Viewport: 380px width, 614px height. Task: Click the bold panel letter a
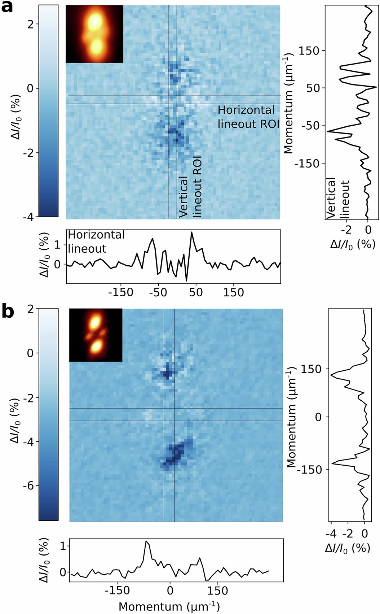pyautogui.click(x=7, y=7)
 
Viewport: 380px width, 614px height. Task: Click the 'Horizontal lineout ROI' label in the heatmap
pyautogui.click(x=248, y=117)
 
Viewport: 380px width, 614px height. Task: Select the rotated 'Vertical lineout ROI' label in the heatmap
pyautogui.click(x=190, y=187)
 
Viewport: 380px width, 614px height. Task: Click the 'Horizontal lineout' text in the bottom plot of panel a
pyautogui.click(x=96, y=241)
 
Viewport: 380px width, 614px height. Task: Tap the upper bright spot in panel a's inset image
pyautogui.click(x=95, y=22)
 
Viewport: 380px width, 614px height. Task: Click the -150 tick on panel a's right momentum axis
pyautogui.click(x=307, y=164)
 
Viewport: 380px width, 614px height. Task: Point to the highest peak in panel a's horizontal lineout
pyautogui.click(x=192, y=233)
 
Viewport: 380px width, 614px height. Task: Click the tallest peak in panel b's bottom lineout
pyautogui.click(x=146, y=541)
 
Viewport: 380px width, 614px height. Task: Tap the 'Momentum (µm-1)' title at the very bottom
pyautogui.click(x=169, y=606)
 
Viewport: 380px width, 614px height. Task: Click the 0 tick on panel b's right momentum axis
pyautogui.click(x=318, y=417)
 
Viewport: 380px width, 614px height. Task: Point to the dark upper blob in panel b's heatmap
pyautogui.click(x=167, y=373)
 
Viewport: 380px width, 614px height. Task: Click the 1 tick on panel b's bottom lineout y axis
pyautogui.click(x=63, y=546)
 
